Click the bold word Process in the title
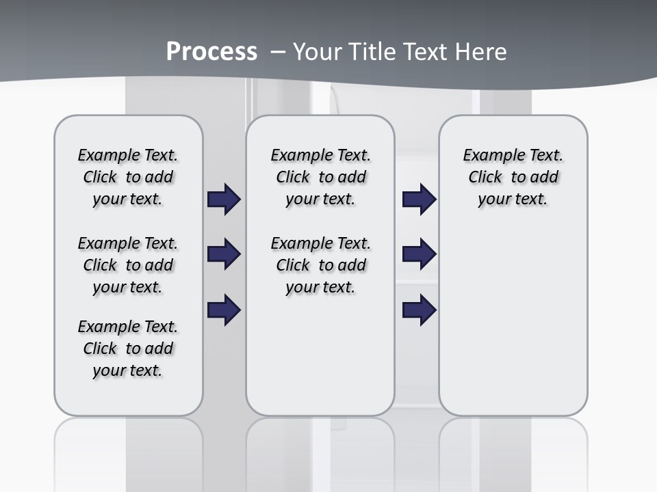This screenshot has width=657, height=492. [211, 51]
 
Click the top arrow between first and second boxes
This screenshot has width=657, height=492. [224, 200]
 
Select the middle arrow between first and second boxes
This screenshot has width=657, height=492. [224, 255]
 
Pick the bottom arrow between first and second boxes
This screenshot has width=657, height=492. [224, 310]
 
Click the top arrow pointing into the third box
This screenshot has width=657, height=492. [419, 200]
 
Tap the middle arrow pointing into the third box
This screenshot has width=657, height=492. [419, 255]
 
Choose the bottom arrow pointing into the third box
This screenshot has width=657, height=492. [419, 310]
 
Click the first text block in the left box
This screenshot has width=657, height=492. [128, 177]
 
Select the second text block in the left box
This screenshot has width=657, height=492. [128, 265]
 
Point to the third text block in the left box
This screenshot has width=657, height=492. [128, 348]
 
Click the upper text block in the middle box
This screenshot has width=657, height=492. [320, 177]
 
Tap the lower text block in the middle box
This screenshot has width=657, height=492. [320, 265]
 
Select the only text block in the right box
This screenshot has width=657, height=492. [513, 177]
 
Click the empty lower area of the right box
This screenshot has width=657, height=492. [513, 328]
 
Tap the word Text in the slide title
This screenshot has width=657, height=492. [424, 52]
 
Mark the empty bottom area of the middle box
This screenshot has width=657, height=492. [320, 362]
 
